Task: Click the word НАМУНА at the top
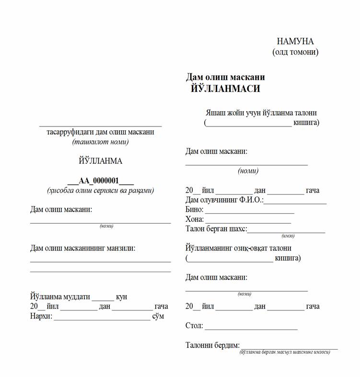(x=295, y=41)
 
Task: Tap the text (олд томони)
(x=295, y=52)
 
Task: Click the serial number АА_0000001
(x=101, y=181)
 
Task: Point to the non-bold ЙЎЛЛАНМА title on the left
(x=101, y=161)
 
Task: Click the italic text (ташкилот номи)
(x=101, y=142)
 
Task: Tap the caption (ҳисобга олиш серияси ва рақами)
(x=101, y=190)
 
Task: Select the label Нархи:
(x=41, y=316)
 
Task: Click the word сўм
(x=158, y=316)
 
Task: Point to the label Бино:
(x=194, y=210)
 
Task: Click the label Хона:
(x=195, y=219)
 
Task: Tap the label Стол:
(x=194, y=326)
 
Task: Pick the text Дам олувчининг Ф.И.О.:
(x=224, y=200)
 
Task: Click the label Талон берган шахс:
(x=216, y=229)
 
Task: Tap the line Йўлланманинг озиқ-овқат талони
(x=238, y=249)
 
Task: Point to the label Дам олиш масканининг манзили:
(x=82, y=248)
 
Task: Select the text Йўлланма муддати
(x=60, y=297)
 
